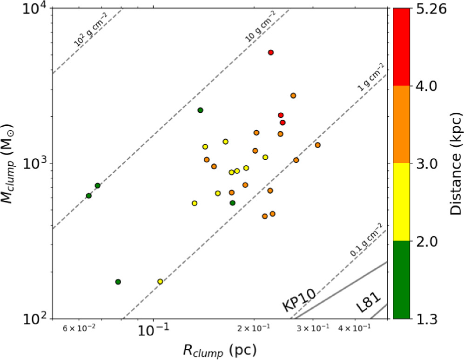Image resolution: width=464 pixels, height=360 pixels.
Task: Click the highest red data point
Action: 270,53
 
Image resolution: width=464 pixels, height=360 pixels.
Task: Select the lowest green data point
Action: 118,282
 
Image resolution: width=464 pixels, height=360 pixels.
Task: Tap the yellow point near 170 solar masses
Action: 160,281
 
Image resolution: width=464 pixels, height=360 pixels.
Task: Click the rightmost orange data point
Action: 317,145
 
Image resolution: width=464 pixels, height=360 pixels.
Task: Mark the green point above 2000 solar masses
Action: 200,110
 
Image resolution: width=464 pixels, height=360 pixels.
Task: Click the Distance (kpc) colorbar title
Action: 455,163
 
